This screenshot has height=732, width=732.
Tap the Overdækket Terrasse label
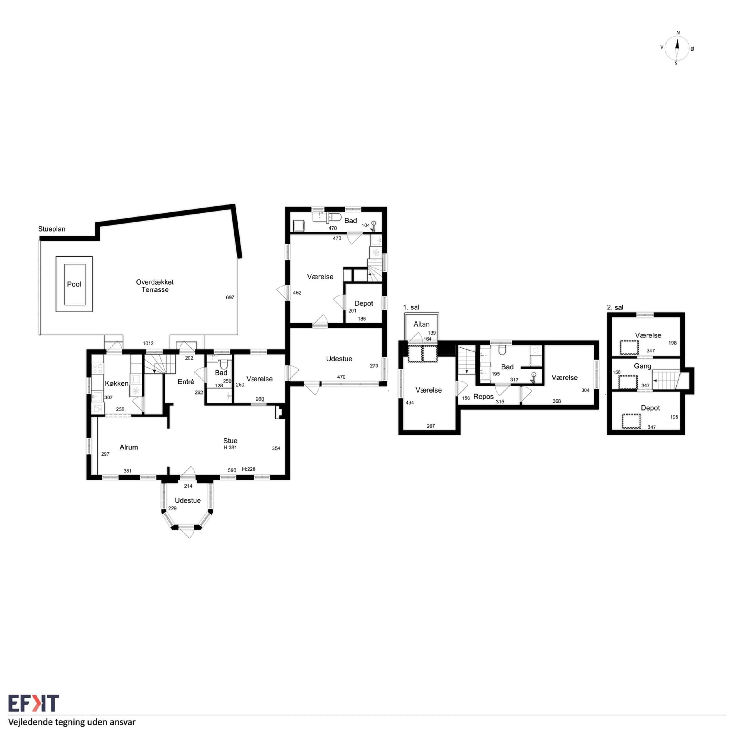[x=155, y=286]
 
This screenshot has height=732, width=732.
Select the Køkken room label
[x=116, y=383]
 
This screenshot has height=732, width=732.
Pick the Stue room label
[x=230, y=441]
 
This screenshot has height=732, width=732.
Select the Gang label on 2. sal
[x=642, y=366]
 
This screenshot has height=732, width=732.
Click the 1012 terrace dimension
[x=148, y=343]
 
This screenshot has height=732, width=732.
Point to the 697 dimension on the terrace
[x=230, y=297]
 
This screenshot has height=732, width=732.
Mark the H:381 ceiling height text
[x=230, y=447]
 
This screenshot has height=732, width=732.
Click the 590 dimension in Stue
[x=232, y=470]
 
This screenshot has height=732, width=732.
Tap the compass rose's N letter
[x=678, y=33]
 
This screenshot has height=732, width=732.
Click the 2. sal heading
[x=615, y=307]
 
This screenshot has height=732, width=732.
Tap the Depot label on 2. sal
[x=650, y=408]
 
